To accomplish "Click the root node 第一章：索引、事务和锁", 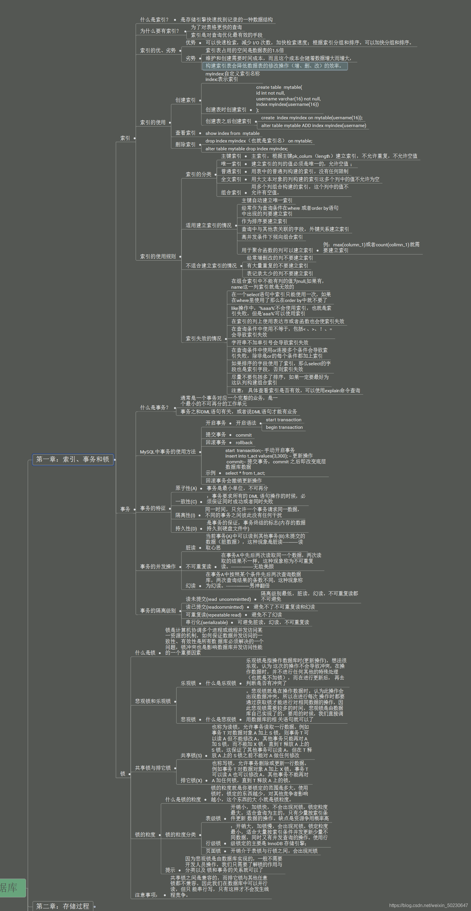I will click(73, 459).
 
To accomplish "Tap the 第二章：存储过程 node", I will click(63, 906).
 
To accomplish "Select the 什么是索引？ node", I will click(154, 19).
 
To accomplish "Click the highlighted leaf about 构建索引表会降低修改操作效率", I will click(274, 66).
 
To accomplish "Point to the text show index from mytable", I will click(232, 133).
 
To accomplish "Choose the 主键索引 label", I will click(231, 156).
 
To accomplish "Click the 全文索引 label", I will click(231, 179).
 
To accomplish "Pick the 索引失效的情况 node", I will click(203, 339).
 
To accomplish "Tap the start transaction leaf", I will click(283, 420).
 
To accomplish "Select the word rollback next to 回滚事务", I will click(244, 442).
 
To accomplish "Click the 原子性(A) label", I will click(186, 488).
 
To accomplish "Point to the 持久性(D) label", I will click(186, 528).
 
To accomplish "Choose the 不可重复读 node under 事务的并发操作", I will click(198, 566).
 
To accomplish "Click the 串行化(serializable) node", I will click(207, 622).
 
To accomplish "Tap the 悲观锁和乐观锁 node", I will click(153, 701).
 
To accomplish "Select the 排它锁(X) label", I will click(191, 780).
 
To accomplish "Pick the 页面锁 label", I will click(213, 851).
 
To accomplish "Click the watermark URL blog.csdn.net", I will click(428, 905).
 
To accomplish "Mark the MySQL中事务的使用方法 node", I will click(168, 452).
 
